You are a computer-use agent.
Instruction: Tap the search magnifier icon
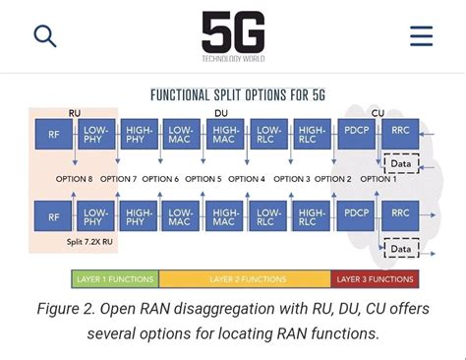pos(45,36)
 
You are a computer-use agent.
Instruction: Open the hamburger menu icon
pos(421,36)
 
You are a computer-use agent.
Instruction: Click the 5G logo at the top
pos(233,33)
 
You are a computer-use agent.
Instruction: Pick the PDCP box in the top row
pos(355,134)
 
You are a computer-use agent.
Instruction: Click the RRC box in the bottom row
pos(400,213)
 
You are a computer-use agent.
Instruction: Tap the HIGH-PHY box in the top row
pos(139,134)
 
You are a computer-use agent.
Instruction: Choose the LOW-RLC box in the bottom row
pos(267,213)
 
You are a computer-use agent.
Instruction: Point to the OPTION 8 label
pos(75,179)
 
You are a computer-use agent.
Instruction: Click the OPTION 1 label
pos(379,179)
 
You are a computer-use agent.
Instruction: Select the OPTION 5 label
pos(204,179)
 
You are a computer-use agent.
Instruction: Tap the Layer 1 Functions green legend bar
pos(115,279)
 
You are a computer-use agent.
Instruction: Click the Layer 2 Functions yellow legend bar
pos(244,279)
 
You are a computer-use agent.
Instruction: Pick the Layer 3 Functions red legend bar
pos(375,279)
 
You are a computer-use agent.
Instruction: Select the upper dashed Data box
pos(401,164)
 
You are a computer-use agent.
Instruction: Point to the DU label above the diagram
pos(221,114)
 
